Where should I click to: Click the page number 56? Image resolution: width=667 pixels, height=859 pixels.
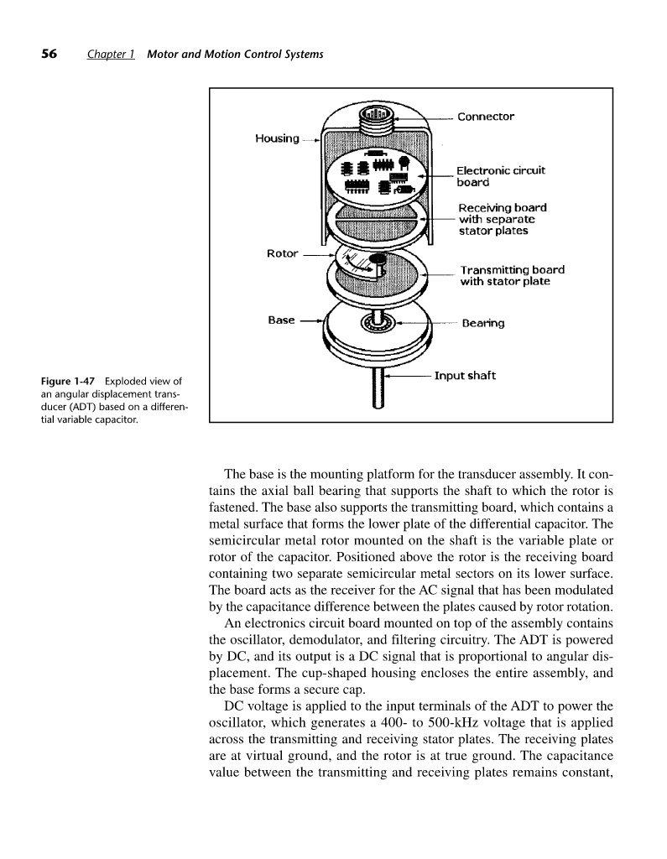pyautogui.click(x=49, y=55)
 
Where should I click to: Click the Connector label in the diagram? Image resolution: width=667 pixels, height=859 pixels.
pyautogui.click(x=486, y=117)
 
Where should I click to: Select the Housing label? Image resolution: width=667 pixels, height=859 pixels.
pyautogui.click(x=276, y=138)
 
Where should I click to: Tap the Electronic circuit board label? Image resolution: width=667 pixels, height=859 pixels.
pyautogui.click(x=501, y=176)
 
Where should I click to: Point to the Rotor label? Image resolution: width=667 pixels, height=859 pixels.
pyautogui.click(x=282, y=253)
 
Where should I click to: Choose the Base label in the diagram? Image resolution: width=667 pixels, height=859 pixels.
pyautogui.click(x=281, y=320)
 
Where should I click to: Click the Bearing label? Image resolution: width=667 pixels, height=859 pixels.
pyautogui.click(x=484, y=323)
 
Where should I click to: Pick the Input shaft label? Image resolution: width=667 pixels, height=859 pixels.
pyautogui.click(x=465, y=375)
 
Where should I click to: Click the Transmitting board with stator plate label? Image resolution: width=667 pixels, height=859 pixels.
pyautogui.click(x=512, y=275)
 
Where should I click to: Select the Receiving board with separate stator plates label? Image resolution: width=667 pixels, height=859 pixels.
pyautogui.click(x=502, y=218)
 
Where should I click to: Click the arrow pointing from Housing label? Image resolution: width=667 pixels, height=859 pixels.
pyautogui.click(x=310, y=140)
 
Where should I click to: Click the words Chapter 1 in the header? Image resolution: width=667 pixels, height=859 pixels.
pyautogui.click(x=112, y=55)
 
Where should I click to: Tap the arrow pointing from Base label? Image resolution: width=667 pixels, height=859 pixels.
pyautogui.click(x=310, y=320)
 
